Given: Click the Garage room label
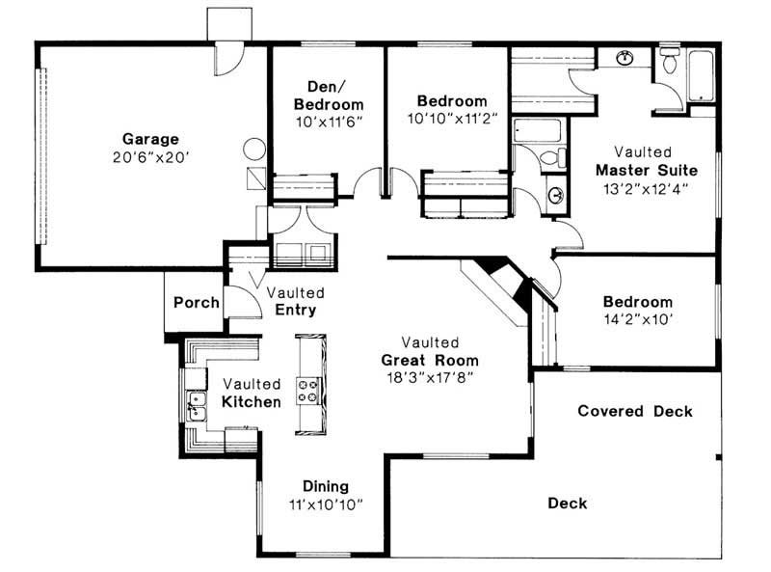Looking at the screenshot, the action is coord(150,139).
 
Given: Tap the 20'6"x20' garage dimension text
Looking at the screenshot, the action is coord(151,157).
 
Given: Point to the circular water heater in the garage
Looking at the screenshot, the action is coord(254,149).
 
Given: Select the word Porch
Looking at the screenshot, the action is coord(197,302).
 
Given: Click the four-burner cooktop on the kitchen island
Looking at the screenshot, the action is coord(307,391).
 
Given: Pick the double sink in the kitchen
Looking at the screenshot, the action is coord(197,407).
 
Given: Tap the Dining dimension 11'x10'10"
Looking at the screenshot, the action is coord(326,504).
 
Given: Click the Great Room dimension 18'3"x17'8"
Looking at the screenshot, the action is coord(430,378).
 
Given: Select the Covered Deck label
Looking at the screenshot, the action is coord(635,411).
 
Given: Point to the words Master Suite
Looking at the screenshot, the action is coord(647,171).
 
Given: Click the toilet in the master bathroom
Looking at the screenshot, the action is coord(669,61).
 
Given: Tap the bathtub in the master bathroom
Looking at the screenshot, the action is coord(702,75).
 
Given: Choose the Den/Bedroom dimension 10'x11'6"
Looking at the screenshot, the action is coord(329,123).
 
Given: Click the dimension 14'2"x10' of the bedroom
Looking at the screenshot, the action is coord(638,319).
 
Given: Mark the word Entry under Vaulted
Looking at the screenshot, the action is coord(296,310).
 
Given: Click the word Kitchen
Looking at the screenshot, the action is coord(252,401).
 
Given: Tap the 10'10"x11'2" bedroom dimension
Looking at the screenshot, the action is coord(452,119).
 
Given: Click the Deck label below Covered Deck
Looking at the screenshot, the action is coord(568,504).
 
